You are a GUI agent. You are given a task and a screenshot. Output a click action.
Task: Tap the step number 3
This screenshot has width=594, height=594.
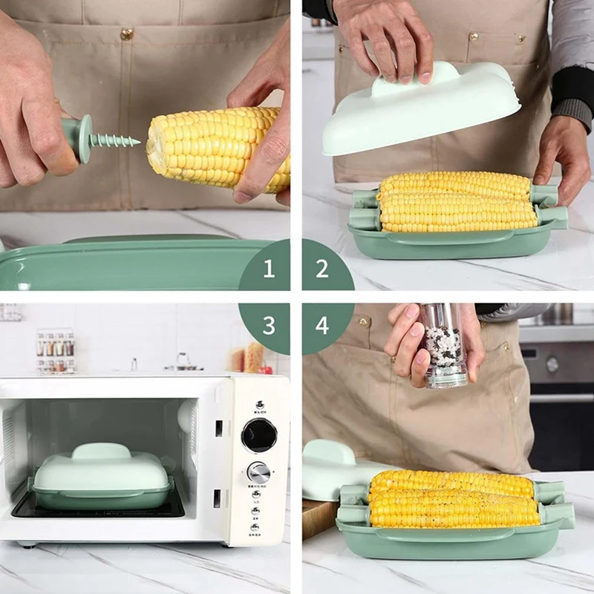click(x=269, y=325)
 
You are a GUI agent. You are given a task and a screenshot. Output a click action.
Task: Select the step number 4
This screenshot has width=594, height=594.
click(x=322, y=325)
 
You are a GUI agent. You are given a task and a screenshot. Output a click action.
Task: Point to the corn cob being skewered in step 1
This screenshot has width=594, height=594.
click(x=219, y=148)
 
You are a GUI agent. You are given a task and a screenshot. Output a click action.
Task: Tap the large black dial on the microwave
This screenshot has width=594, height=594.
click(x=259, y=434)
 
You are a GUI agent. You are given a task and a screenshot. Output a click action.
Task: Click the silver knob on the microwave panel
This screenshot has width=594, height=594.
click(x=258, y=472)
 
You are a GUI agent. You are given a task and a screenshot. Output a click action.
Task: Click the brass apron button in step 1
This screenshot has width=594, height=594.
click(x=127, y=34)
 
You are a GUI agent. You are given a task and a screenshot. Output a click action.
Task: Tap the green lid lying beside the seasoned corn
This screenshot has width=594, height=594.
click(x=327, y=468)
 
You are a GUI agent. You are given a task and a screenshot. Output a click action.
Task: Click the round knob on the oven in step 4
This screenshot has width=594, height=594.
click(x=552, y=364)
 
